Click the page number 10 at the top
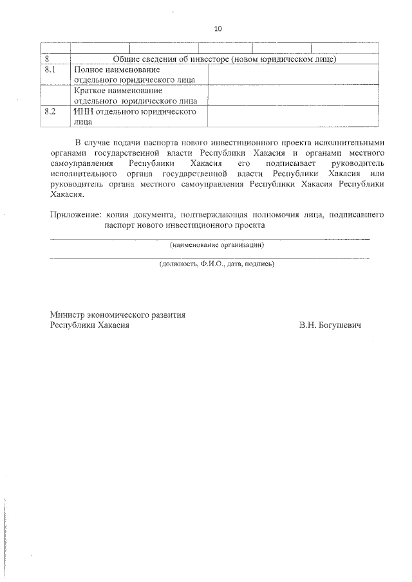[217, 29]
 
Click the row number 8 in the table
[47, 59]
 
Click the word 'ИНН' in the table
[84, 111]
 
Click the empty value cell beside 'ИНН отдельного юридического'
[293, 116]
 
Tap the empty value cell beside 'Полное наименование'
[293, 75]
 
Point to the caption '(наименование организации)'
[217, 245]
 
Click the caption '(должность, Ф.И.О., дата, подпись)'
[217, 264]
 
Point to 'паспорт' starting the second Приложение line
[120, 226]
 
